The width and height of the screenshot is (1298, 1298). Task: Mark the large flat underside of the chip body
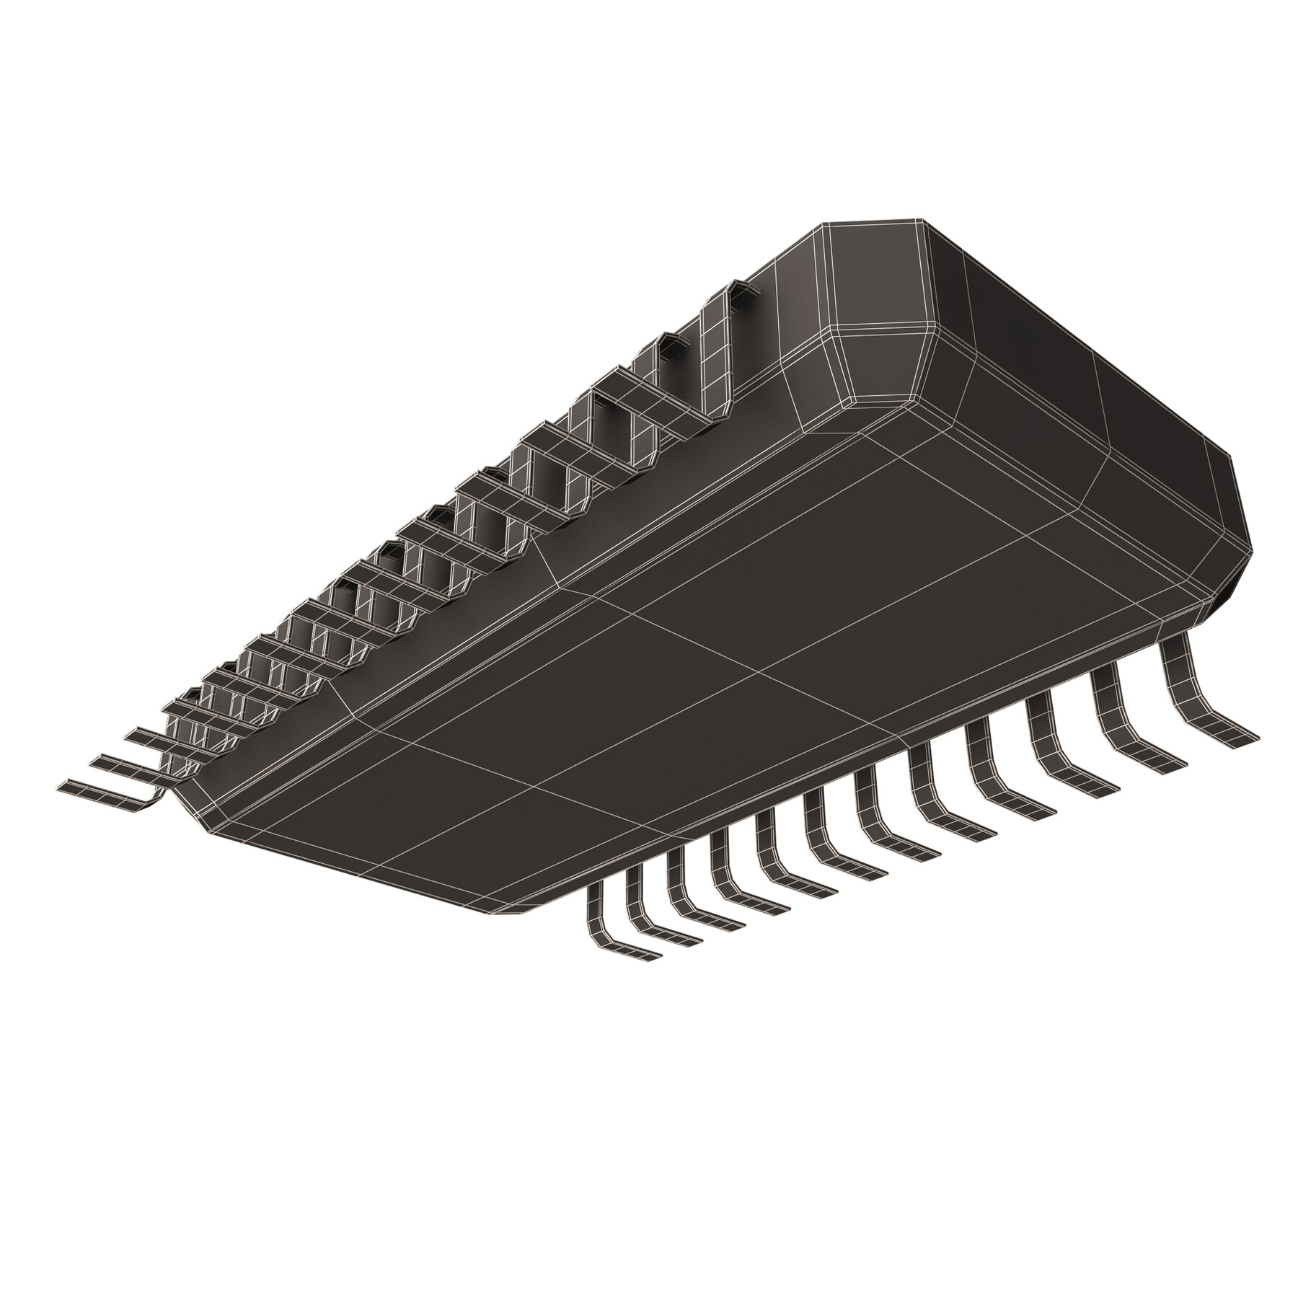pyautogui.click(x=721, y=649)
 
